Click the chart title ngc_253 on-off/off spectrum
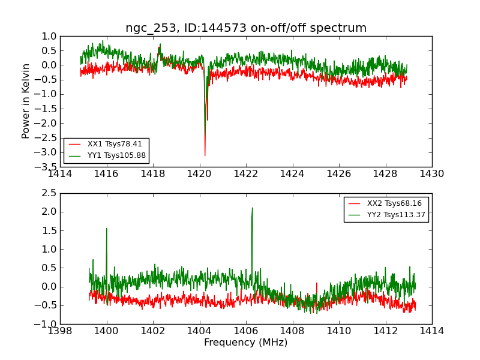(246, 28)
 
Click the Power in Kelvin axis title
(26, 101)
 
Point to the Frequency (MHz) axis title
(246, 343)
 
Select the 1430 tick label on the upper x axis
(431, 174)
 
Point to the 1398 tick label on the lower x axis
(61, 331)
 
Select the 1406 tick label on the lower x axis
(246, 331)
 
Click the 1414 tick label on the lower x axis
(431, 331)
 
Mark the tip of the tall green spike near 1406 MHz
(252, 208)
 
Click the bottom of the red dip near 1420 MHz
(205, 156)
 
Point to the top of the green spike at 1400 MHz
(107, 228)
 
